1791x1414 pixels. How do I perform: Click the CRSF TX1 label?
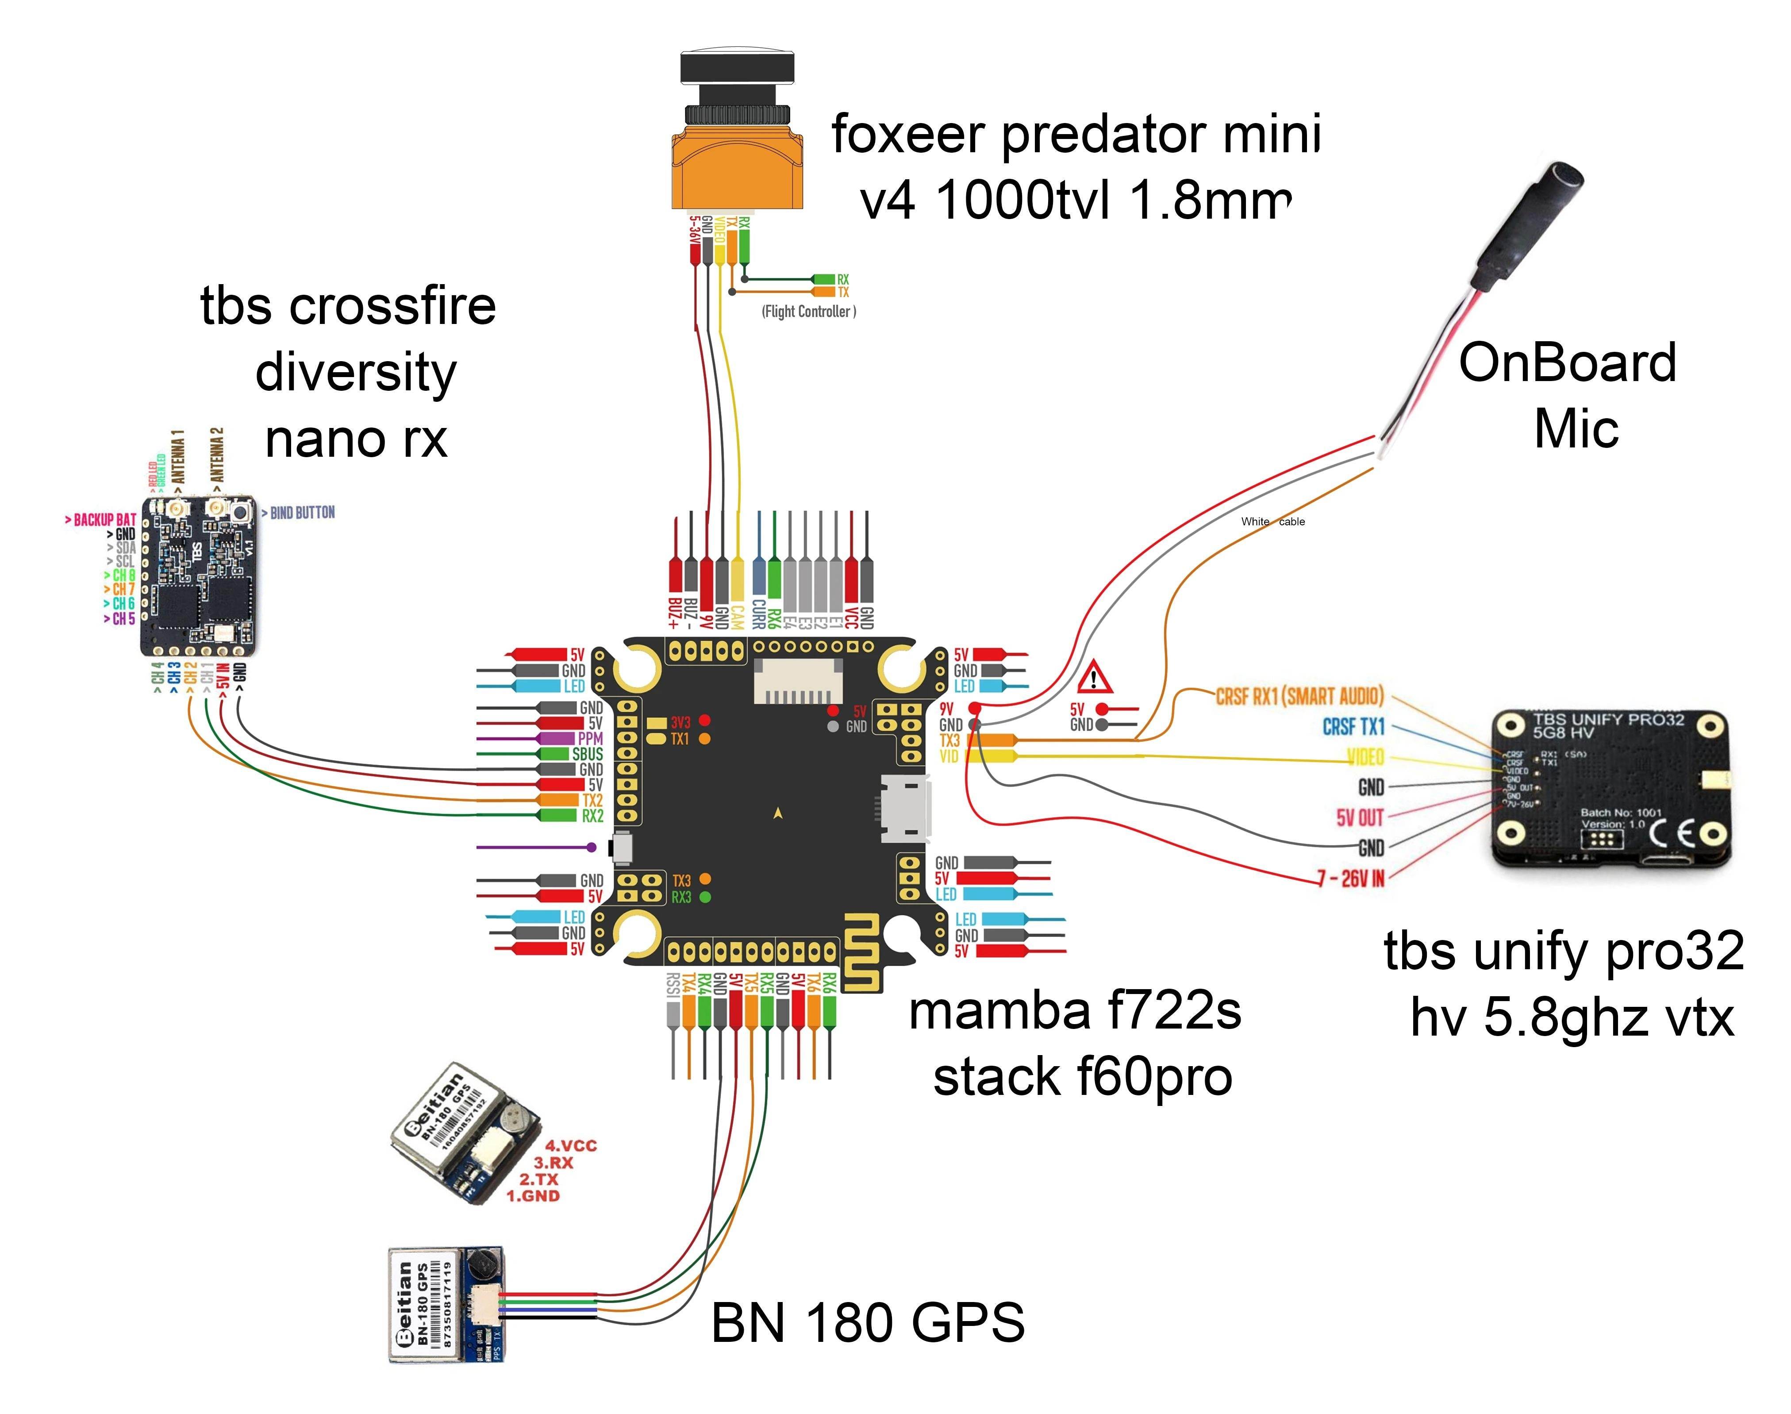[1353, 727]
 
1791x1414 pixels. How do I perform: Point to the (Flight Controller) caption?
[809, 311]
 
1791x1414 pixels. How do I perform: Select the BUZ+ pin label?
[675, 613]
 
